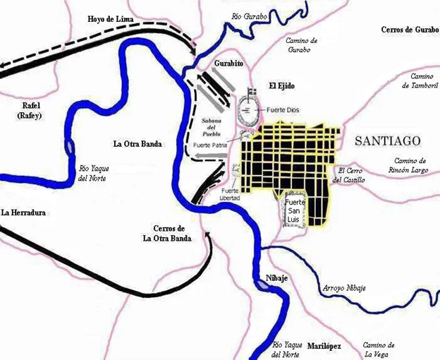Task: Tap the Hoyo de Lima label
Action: [111, 18]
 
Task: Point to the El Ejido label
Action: [281, 85]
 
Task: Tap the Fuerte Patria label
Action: [210, 145]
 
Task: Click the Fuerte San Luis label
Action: [294, 210]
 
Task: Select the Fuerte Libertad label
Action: [231, 194]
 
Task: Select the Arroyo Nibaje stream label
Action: [343, 287]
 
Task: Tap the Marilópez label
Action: [324, 346]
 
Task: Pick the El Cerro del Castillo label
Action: [350, 175]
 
